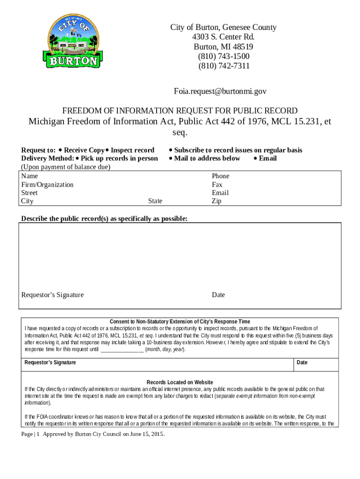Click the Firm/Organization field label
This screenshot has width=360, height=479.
coord(47,184)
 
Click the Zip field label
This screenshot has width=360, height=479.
coord(216,201)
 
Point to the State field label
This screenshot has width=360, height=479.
coord(155,201)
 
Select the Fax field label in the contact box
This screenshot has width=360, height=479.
coord(217,184)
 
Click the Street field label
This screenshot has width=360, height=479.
coord(29,193)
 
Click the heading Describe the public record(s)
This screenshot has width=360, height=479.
coord(104,219)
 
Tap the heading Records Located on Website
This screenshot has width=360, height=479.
coord(180,382)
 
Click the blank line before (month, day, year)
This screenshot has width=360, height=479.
coord(122,349)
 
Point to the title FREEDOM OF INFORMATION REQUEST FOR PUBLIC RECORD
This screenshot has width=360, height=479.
coord(180,111)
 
